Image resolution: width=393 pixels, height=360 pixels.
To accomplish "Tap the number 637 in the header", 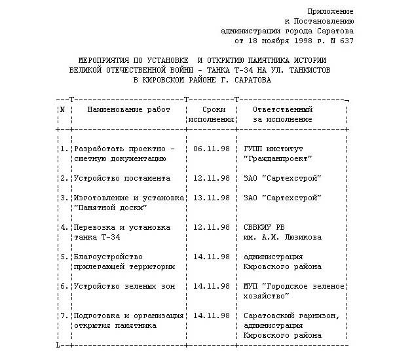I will (x=345, y=41).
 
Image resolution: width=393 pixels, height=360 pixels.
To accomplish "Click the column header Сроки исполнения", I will (x=212, y=115).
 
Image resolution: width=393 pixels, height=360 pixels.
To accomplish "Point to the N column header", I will (x=62, y=110).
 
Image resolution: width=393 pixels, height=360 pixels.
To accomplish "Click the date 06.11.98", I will (x=212, y=149).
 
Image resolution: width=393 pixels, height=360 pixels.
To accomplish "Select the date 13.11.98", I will (x=212, y=198).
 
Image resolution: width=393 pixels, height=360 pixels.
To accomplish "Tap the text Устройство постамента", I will (x=122, y=178).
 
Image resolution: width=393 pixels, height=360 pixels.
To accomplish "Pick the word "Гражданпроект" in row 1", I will (x=277, y=158).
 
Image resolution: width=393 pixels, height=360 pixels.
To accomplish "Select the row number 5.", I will (x=64, y=257).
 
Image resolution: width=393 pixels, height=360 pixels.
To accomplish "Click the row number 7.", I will (x=64, y=315).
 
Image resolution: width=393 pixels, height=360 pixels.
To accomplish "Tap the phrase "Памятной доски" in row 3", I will (x=109, y=207).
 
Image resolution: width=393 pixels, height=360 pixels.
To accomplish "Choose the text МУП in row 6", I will (x=250, y=286).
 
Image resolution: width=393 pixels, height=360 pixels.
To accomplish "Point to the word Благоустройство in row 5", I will (x=108, y=257).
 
